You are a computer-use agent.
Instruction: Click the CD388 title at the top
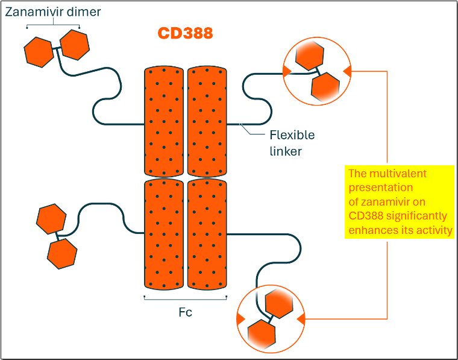[x=185, y=33]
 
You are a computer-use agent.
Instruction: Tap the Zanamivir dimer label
[x=54, y=11]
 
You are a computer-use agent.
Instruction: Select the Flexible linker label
[x=292, y=143]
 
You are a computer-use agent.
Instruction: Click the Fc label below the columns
[x=186, y=312]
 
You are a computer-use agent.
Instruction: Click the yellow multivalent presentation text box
[x=399, y=201]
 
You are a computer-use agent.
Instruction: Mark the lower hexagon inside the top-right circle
[x=326, y=86]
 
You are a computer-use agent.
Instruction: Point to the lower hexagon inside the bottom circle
[x=262, y=333]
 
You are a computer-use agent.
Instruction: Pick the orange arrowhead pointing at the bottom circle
[x=301, y=318]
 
